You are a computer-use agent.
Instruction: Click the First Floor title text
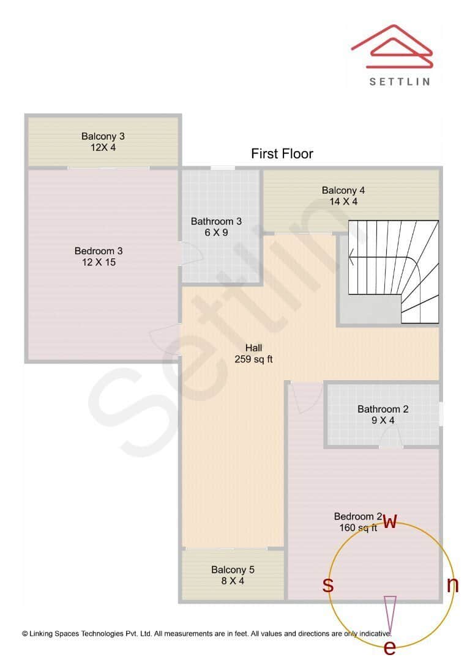click(282, 153)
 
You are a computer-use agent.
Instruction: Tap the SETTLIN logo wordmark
click(400, 81)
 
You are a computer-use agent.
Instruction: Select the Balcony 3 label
click(103, 142)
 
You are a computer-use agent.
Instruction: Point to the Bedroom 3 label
click(95, 257)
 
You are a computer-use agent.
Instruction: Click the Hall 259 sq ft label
click(253, 354)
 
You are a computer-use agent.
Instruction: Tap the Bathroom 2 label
click(383, 415)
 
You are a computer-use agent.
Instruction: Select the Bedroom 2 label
click(358, 522)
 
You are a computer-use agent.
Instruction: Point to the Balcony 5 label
click(233, 575)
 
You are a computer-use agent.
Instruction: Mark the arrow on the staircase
click(353, 257)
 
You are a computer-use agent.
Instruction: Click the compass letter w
click(390, 521)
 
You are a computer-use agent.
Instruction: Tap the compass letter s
click(328, 585)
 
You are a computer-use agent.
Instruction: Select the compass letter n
click(452, 585)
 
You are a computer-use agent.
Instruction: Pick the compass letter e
click(389, 647)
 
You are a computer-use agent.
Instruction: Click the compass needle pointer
click(390, 614)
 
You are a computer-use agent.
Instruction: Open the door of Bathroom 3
click(190, 253)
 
